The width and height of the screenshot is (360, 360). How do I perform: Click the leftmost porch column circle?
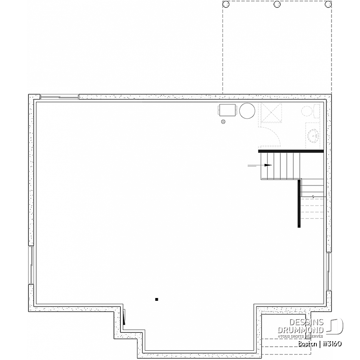point(226,4)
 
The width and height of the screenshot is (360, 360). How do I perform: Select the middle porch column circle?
point(277,4)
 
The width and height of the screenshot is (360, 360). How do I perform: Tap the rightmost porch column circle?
point(328,4)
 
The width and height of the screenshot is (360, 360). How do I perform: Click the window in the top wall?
point(60,97)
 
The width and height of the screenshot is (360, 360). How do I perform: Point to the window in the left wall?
point(31,265)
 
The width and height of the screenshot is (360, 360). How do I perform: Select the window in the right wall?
point(329,271)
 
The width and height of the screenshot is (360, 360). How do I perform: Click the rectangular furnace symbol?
point(227,110)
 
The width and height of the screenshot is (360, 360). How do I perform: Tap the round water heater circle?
point(247,111)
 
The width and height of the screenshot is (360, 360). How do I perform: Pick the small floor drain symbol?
point(223,122)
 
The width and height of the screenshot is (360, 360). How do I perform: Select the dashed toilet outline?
point(310,111)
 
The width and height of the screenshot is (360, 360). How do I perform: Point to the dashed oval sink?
point(313,136)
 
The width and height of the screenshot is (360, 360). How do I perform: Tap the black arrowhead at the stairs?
point(268,165)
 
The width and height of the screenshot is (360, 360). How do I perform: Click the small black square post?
point(156,299)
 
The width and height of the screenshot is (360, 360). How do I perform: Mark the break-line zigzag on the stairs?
point(313,196)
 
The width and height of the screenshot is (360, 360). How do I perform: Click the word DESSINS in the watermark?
point(306,322)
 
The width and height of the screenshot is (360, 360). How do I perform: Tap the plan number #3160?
point(332,344)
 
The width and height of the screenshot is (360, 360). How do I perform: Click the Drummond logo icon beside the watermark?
point(335,326)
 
